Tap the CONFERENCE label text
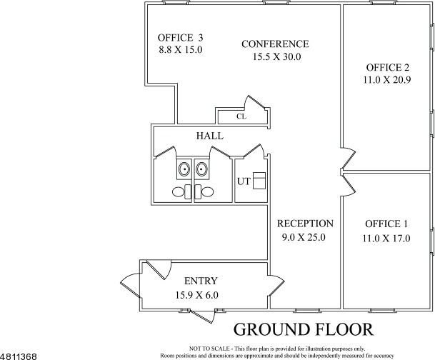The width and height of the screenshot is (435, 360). (x=275, y=44)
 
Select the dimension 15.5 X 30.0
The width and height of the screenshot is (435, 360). (x=275, y=56)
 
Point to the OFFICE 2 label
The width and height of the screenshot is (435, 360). (x=387, y=68)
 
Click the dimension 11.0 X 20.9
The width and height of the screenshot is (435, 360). (x=387, y=81)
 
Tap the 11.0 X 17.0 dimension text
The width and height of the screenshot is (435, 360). (x=386, y=239)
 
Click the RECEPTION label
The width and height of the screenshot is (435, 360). (x=305, y=223)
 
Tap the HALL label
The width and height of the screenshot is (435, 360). (x=209, y=136)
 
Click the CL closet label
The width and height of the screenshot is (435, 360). (x=241, y=116)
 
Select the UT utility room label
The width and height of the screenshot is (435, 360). (x=244, y=181)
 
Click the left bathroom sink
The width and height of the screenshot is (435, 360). (x=184, y=170)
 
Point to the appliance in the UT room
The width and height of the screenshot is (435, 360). (x=259, y=179)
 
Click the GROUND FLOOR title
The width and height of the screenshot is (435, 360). (x=304, y=329)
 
